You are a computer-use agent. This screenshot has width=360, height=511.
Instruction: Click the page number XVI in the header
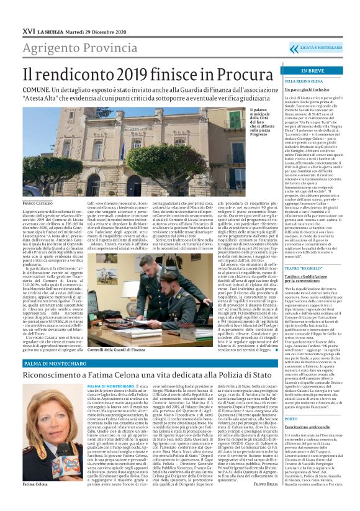(x=29, y=31)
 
